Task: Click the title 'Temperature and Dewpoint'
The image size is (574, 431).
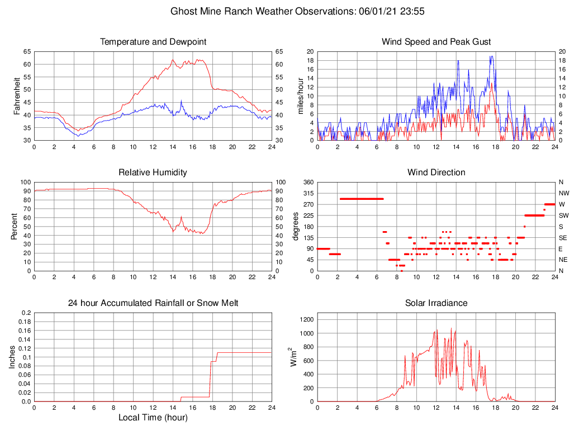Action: tap(153, 42)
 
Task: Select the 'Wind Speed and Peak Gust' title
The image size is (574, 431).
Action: tap(436, 42)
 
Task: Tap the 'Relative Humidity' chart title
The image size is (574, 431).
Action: tap(153, 173)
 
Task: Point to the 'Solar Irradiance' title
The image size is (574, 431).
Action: tap(436, 303)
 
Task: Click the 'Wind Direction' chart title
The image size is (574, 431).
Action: tap(436, 173)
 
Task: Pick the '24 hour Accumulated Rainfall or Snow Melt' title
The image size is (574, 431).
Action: tap(153, 303)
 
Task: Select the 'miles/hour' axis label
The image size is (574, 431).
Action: tap(301, 96)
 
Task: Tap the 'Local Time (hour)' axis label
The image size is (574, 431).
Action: tap(153, 418)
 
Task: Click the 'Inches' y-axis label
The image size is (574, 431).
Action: tap(13, 357)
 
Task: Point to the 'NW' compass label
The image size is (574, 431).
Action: tap(562, 193)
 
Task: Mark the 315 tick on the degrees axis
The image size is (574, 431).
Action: tap(306, 193)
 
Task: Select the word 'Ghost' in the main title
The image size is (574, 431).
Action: tap(184, 11)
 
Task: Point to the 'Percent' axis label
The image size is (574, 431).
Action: tap(13, 227)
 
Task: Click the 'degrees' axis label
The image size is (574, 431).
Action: tap(296, 227)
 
